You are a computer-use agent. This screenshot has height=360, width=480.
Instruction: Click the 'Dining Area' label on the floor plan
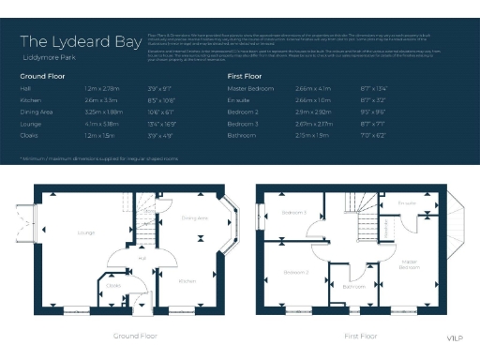tap(194, 217)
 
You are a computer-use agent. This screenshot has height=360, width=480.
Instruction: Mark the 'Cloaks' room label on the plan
tap(112, 285)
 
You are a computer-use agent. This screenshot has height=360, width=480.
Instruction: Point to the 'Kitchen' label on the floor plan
tap(187, 280)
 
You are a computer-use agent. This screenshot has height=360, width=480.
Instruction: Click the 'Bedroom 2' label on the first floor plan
tap(296, 272)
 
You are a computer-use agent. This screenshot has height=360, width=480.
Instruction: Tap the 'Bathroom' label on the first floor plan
tap(353, 286)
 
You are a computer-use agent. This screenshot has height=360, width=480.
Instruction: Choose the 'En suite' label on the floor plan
tap(406, 202)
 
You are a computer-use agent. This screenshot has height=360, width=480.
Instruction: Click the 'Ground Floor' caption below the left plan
tap(134, 335)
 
